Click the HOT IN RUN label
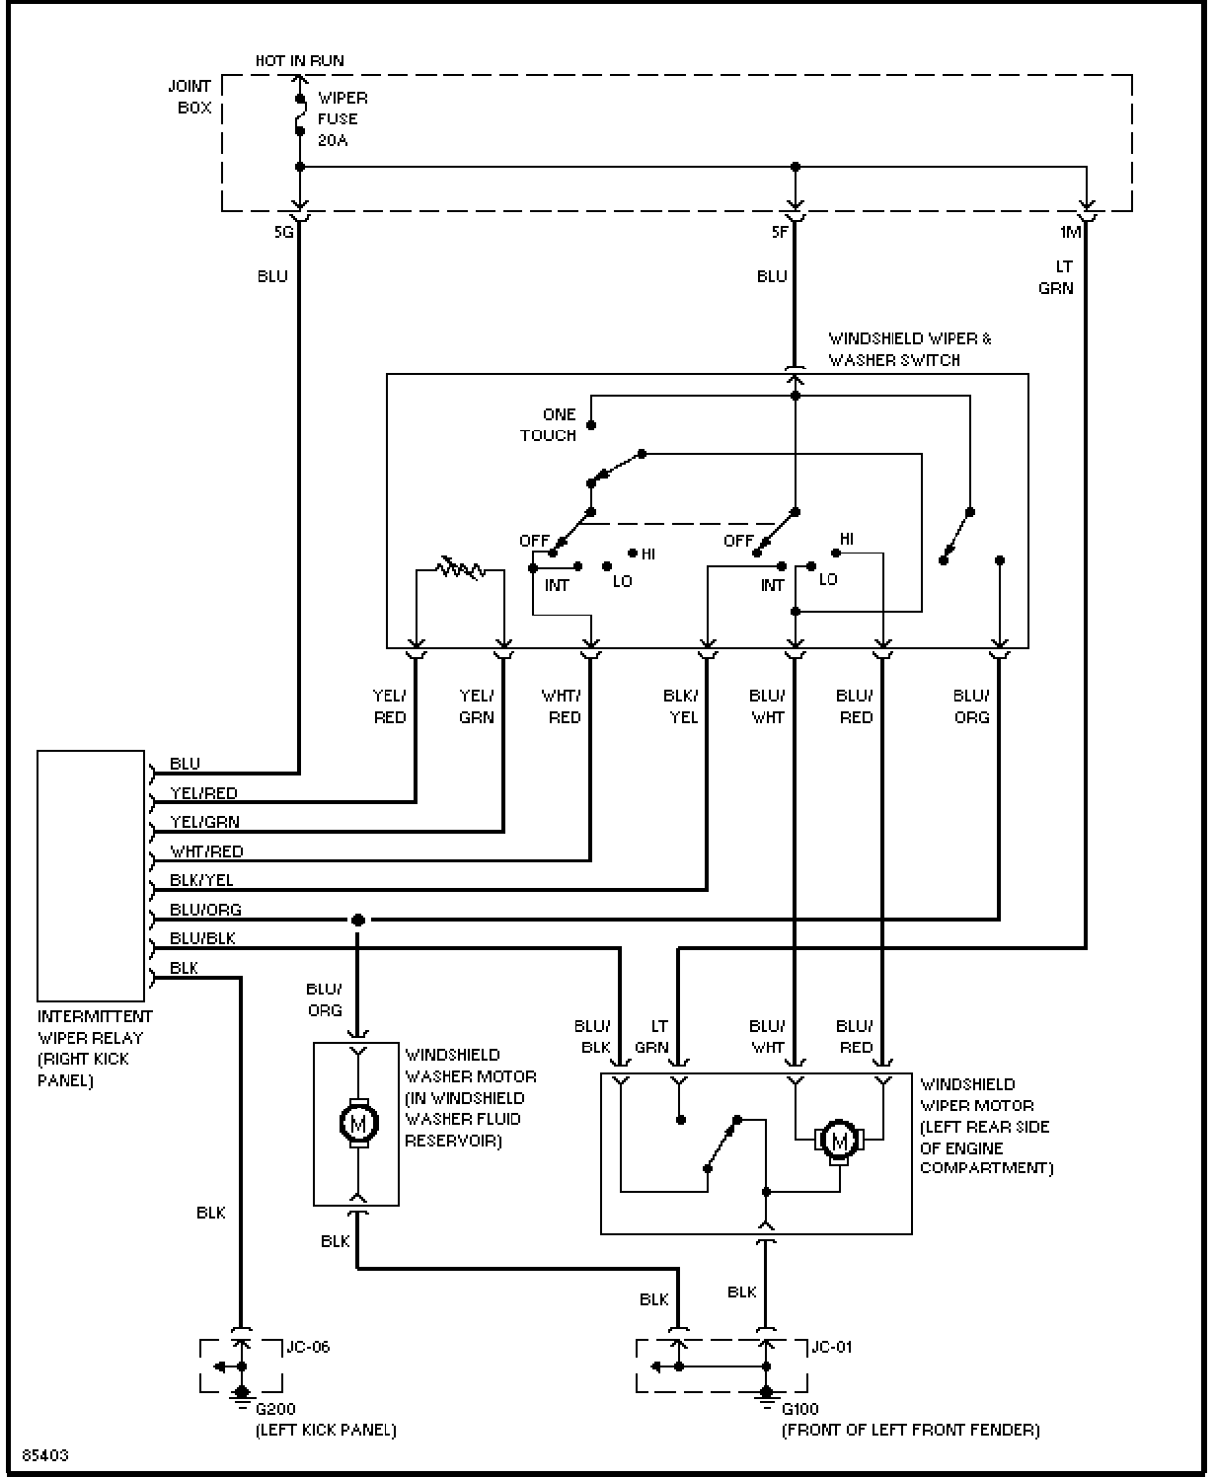point(299,61)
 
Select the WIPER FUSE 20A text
point(342,119)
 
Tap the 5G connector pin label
point(284,232)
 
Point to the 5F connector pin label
point(780,232)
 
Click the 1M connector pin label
point(1071,232)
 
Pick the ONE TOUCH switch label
point(549,425)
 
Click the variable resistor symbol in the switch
point(460,568)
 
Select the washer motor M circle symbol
point(358,1124)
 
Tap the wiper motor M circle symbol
point(839,1141)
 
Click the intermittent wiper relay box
point(91,875)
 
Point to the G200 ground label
point(275,1409)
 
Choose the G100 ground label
point(800,1409)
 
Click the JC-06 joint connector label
point(308,1347)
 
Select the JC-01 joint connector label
point(831,1347)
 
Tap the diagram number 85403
point(45,1455)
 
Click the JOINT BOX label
point(190,97)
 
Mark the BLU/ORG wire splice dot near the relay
point(358,920)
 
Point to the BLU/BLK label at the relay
point(202,937)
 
